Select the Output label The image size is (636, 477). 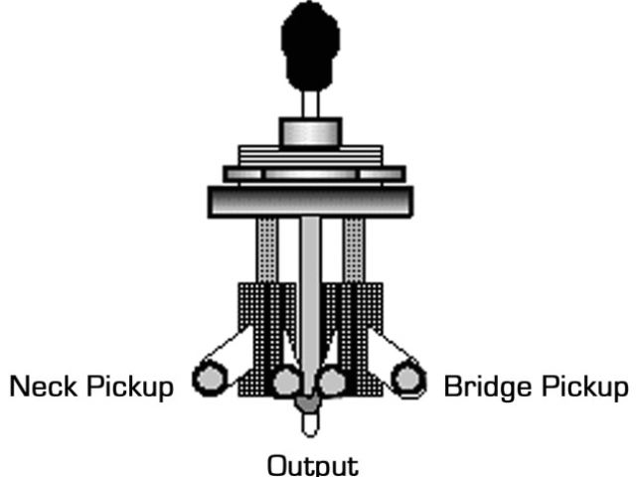[x=311, y=464]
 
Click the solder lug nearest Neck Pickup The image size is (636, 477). [x=209, y=379]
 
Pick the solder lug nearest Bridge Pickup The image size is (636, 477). [x=406, y=379]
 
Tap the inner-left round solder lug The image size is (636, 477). [x=287, y=380]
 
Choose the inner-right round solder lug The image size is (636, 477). [x=331, y=380]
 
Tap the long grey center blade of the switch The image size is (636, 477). [x=310, y=298]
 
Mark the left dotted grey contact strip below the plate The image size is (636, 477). [x=266, y=248]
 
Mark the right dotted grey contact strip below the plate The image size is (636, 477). [x=355, y=248]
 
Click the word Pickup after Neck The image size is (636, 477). [x=129, y=386]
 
